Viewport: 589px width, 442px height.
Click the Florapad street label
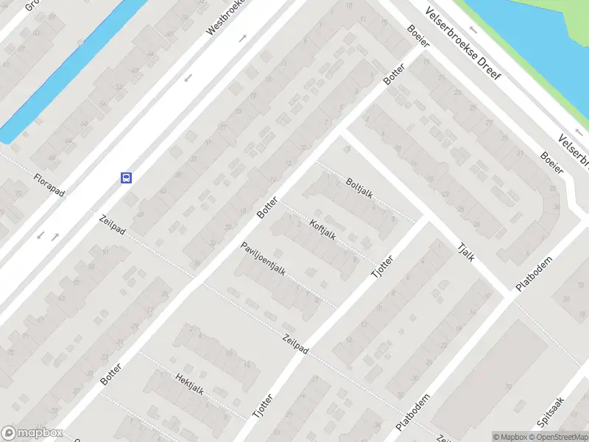[49, 185]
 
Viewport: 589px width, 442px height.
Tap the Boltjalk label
[359, 189]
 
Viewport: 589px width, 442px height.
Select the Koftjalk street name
[323, 231]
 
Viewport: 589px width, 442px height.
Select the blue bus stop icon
[127, 177]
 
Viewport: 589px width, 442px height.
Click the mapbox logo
[31, 433]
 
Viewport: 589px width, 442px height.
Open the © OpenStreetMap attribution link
[558, 437]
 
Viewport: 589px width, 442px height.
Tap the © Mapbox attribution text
[509, 437]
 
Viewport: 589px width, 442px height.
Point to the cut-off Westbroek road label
[225, 18]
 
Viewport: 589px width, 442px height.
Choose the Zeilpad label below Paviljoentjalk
[295, 345]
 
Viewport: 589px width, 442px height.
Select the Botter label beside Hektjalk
[110, 374]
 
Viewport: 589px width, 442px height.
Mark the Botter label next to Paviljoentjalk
[267, 207]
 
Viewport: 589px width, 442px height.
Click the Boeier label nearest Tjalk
[551, 162]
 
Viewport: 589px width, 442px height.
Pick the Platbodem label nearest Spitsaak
[413, 415]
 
